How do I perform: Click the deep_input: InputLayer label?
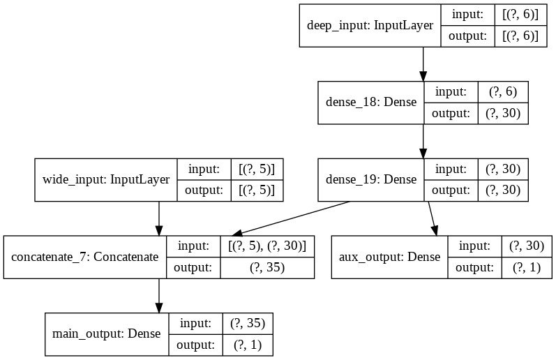(x=370, y=26)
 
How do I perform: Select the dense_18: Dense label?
(x=371, y=103)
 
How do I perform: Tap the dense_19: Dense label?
(x=371, y=179)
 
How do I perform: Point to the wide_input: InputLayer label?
(x=106, y=179)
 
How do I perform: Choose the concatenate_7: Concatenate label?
(x=85, y=257)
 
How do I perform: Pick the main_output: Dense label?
(x=106, y=333)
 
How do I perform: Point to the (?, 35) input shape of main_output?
(x=242, y=323)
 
